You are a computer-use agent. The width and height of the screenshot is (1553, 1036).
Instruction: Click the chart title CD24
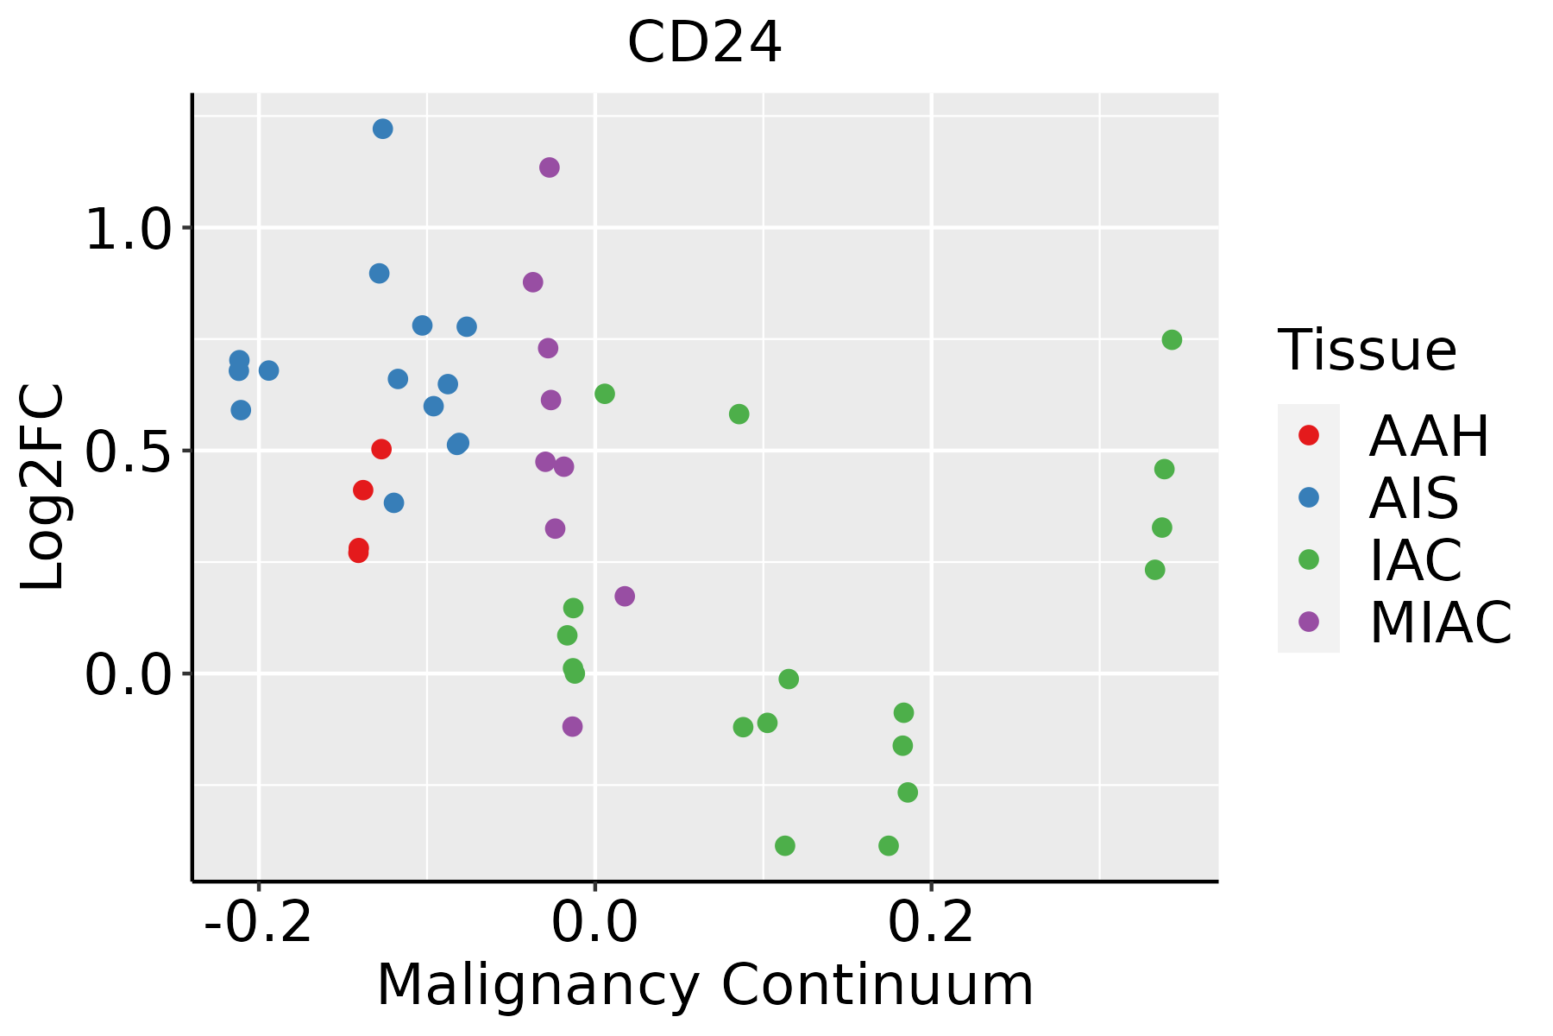[x=704, y=43]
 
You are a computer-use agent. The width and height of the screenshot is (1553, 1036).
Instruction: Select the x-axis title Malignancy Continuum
[x=704, y=986]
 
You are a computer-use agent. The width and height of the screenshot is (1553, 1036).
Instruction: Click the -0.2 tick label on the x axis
[x=258, y=923]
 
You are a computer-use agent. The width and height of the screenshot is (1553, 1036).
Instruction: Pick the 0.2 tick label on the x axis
[x=931, y=923]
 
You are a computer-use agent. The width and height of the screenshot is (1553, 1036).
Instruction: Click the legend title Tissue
[x=1367, y=351]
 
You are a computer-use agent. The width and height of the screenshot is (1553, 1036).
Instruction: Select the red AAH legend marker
[x=1308, y=435]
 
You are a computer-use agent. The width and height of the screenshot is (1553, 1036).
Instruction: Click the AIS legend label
[x=1413, y=498]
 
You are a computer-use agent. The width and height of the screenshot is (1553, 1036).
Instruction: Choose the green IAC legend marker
[x=1308, y=559]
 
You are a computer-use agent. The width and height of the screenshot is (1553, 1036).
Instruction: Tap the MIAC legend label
[x=1440, y=622]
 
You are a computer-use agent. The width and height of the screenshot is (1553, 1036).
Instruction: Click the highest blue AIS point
[x=382, y=129]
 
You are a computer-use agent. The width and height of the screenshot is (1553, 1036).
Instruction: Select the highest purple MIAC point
[x=549, y=167]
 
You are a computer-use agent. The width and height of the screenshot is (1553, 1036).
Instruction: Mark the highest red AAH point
[x=381, y=449]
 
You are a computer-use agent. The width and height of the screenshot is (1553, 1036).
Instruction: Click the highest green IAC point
[x=1171, y=340]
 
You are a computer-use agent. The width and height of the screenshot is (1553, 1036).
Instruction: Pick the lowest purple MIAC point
[x=572, y=727]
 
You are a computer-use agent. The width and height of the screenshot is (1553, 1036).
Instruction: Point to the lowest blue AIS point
[x=393, y=503]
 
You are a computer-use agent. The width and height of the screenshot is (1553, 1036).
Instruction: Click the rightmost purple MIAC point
[x=625, y=597]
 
